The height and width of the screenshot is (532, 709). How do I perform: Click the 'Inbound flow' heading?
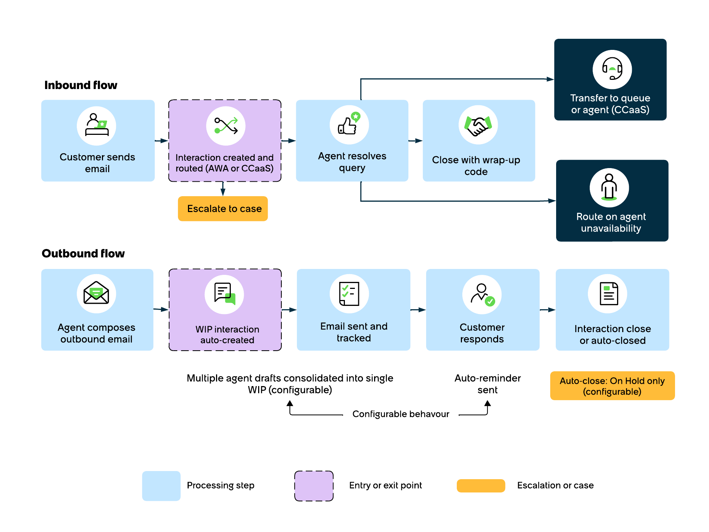coord(81,85)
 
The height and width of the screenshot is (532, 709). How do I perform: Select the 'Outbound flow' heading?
coord(83,253)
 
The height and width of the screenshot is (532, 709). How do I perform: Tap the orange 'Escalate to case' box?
coord(223,209)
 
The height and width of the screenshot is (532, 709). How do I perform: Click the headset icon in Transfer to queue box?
coord(612,69)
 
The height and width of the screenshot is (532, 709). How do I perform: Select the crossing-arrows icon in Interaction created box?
coord(226,126)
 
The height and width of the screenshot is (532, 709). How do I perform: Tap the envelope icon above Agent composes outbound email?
coord(96,293)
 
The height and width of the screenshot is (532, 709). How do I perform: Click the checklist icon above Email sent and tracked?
coord(349,294)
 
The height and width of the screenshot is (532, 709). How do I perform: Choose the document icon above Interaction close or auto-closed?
coord(609,294)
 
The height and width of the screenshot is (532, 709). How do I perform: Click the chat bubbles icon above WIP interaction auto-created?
coord(225,294)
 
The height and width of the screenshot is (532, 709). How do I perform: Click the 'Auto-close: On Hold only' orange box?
coord(612,386)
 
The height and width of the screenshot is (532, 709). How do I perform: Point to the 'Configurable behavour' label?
coord(401,414)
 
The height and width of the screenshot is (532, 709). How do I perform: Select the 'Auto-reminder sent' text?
coord(487,384)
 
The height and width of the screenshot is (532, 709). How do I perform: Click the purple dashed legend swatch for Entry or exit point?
coord(314,486)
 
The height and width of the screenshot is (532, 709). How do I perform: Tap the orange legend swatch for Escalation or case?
coord(481,486)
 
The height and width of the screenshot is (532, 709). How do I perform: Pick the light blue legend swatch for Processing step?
coord(161,486)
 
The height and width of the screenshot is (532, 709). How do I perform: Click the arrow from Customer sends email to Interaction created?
coord(161,141)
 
